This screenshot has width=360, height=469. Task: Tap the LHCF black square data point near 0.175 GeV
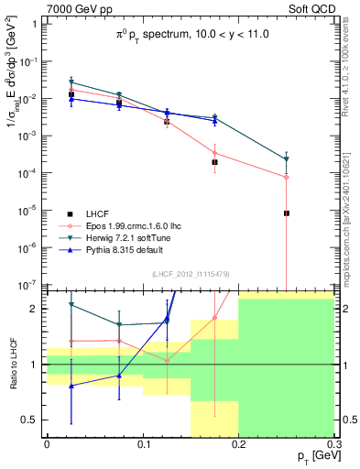(x=214, y=162)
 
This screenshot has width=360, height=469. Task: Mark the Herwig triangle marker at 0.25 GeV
(x=287, y=159)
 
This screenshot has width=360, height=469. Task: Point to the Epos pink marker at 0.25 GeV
(x=287, y=177)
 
